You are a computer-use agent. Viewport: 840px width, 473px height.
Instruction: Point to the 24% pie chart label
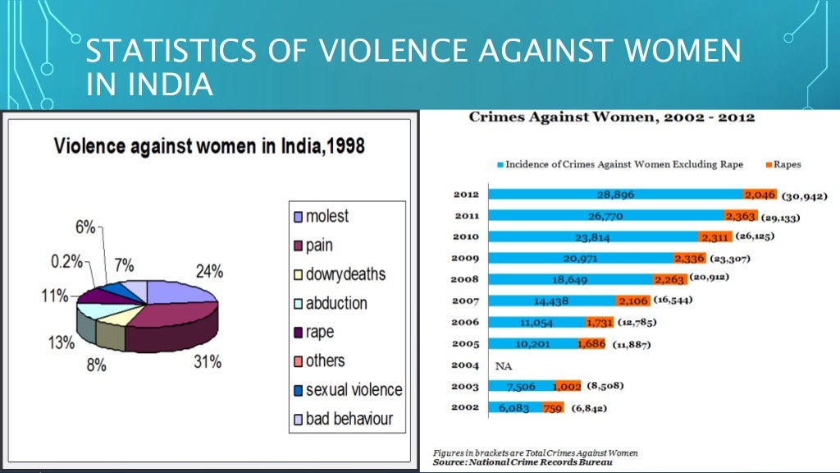[x=208, y=271]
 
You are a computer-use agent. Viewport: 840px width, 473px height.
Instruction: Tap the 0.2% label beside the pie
[x=66, y=261]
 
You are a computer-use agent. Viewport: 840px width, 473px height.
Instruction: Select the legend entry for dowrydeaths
[x=345, y=274]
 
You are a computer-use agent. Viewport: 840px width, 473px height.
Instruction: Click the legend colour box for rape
[x=299, y=333]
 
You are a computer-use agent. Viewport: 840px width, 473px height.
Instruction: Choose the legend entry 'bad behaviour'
[x=349, y=419]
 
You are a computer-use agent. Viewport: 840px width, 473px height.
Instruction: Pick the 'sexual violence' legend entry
[x=354, y=390]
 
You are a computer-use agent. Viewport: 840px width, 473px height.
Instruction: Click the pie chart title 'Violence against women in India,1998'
[x=209, y=147]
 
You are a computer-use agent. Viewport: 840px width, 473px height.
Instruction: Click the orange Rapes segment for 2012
[x=759, y=195]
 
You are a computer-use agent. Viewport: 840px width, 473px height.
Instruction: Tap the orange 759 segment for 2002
[x=553, y=408]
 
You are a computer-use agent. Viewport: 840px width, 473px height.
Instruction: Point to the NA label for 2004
[x=504, y=365]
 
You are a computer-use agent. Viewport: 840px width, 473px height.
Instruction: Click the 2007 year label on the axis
[x=465, y=301]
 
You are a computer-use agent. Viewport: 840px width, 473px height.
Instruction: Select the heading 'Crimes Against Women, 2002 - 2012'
[x=612, y=117]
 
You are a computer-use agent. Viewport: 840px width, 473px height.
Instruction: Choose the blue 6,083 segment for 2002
[x=514, y=408]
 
